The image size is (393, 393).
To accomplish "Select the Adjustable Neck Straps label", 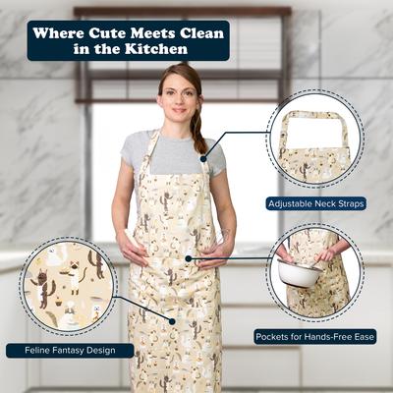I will click(315, 203).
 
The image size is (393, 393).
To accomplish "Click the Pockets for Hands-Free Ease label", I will click(314, 336).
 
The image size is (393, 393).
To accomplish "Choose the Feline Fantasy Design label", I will click(70, 350).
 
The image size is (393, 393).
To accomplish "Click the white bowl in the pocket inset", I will click(299, 272).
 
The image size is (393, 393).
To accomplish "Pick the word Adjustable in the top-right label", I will click(292, 203).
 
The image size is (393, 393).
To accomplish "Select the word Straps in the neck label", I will click(350, 203).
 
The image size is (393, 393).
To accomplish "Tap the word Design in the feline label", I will click(109, 350).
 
